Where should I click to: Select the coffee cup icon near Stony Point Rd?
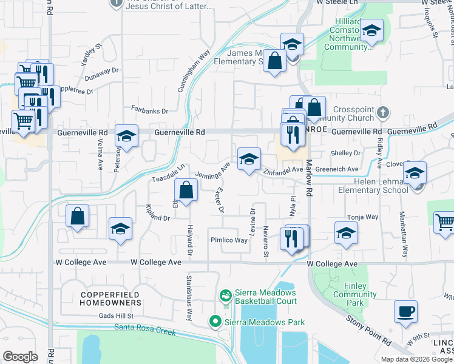(405, 312)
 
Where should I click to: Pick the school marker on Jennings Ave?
(248, 159)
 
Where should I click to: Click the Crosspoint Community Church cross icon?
(382, 112)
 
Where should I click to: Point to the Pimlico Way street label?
(229, 240)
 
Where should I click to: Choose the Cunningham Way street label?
(194, 70)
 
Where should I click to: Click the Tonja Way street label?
(362, 217)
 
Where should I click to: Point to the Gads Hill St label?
(116, 316)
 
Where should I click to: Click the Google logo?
(21, 357)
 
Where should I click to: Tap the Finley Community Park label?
(348, 294)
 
